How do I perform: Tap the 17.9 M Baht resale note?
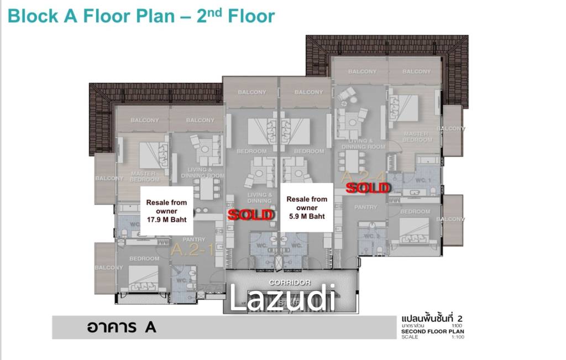coord(166,211)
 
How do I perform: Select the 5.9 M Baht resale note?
coord(307,207)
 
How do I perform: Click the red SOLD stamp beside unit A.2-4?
coord(368,188)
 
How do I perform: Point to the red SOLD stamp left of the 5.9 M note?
coord(251,215)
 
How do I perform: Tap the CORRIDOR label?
coord(287,282)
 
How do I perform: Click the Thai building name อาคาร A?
coord(121,327)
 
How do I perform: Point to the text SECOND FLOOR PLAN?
coord(433,332)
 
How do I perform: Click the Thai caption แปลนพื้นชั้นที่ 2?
coord(430,319)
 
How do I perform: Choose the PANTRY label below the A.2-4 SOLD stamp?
coord(365,207)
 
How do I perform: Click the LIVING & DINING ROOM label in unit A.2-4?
coord(363,144)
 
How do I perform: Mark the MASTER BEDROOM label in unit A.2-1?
coord(145,176)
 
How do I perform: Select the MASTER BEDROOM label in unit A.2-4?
coord(417,137)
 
